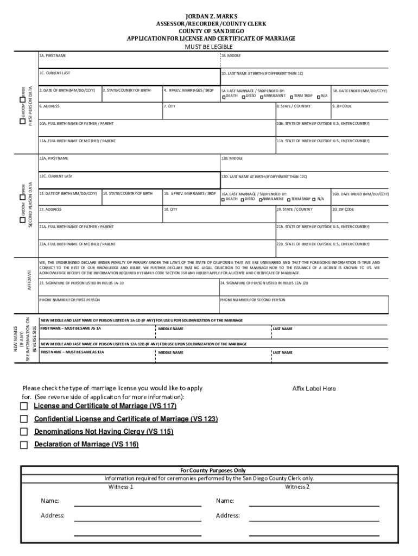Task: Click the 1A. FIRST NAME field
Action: click(x=129, y=60)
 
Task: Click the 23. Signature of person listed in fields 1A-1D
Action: click(x=128, y=288)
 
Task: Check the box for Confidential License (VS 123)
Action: click(x=24, y=419)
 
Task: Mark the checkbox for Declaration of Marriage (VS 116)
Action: click(x=24, y=445)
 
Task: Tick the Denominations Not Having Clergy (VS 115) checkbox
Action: click(x=24, y=432)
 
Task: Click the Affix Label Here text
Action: click(x=314, y=389)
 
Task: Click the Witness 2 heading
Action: click(x=297, y=486)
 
